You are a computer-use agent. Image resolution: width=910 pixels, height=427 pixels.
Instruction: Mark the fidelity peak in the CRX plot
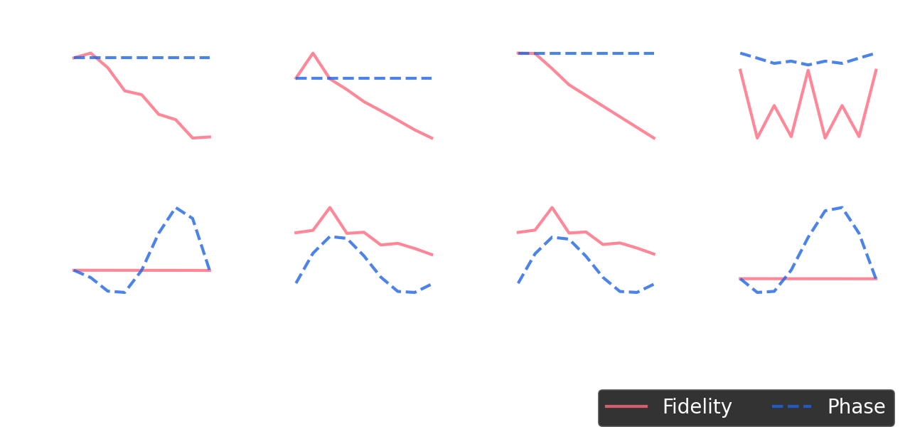click(x=329, y=207)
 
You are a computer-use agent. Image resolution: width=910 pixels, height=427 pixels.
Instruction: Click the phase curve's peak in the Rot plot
click(x=176, y=208)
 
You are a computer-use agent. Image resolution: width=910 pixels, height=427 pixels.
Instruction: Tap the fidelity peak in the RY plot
click(x=313, y=53)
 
